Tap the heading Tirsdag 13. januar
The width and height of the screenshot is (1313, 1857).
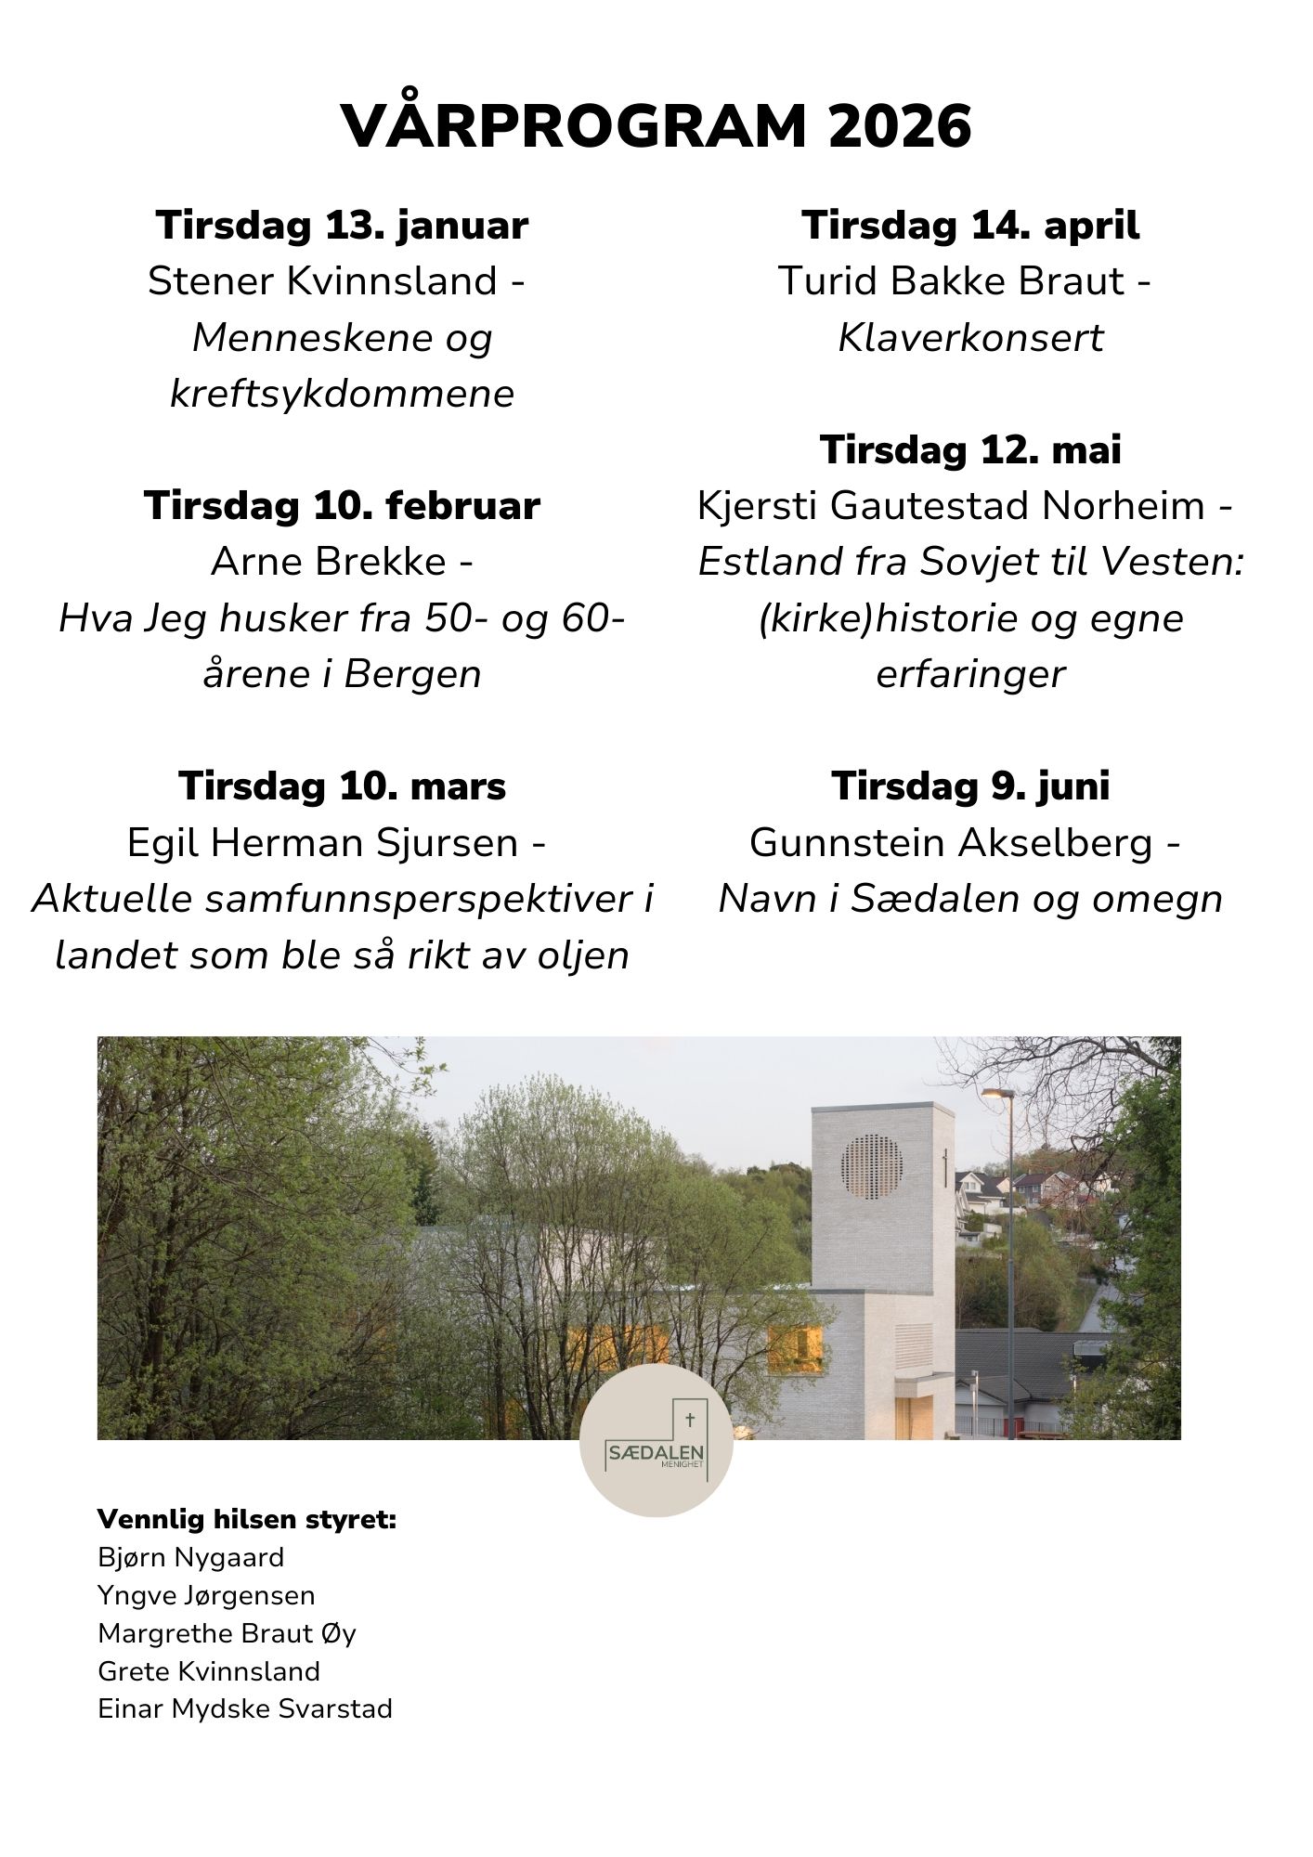click(x=342, y=226)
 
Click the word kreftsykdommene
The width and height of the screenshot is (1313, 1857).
click(x=342, y=394)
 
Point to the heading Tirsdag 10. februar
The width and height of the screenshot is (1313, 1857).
click(x=342, y=506)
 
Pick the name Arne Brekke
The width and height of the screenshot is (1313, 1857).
click(x=329, y=562)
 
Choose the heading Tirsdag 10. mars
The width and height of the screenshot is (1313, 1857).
click(x=342, y=786)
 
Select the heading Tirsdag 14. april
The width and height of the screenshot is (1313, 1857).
click(x=970, y=226)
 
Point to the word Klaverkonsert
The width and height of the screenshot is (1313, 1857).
click(x=970, y=338)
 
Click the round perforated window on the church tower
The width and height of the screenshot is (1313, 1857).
click(x=871, y=1166)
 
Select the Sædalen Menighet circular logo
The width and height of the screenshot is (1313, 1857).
click(x=656, y=1440)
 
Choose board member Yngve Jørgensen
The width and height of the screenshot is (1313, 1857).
click(x=206, y=1595)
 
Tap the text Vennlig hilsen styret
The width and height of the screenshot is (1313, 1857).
click(x=246, y=1520)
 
